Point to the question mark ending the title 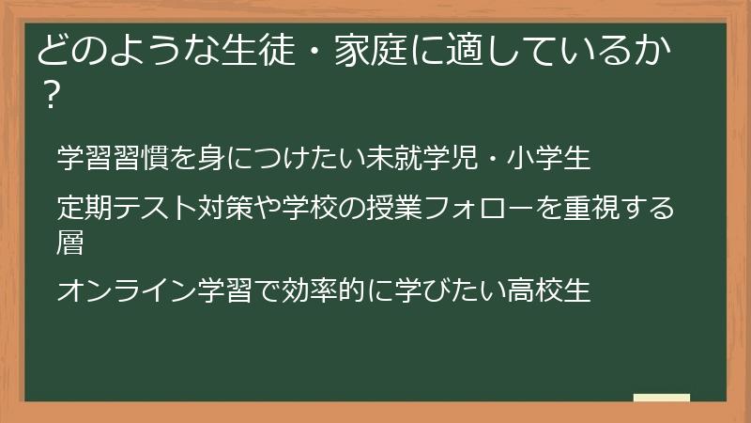tap(52, 97)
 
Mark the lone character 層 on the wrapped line tap(70, 243)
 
